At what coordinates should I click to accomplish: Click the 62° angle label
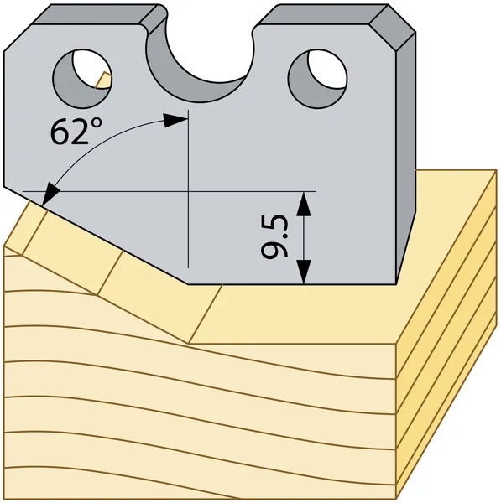pyautogui.click(x=76, y=132)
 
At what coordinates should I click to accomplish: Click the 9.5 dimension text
pyautogui.click(x=274, y=236)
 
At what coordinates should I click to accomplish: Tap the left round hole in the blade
pyautogui.click(x=82, y=79)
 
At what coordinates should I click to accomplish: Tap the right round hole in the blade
pyautogui.click(x=317, y=79)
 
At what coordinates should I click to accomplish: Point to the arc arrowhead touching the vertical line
pyautogui.click(x=175, y=120)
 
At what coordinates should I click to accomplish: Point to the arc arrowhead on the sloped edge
pyautogui.click(x=50, y=194)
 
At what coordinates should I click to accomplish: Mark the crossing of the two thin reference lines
pyautogui.click(x=188, y=191)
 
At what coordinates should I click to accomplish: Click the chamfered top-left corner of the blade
pyautogui.click(x=18, y=38)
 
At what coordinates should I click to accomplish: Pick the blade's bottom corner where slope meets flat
pyautogui.click(x=188, y=284)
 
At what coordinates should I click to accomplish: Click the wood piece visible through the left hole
pyautogui.click(x=103, y=80)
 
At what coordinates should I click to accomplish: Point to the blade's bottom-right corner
pyautogui.click(x=395, y=284)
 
